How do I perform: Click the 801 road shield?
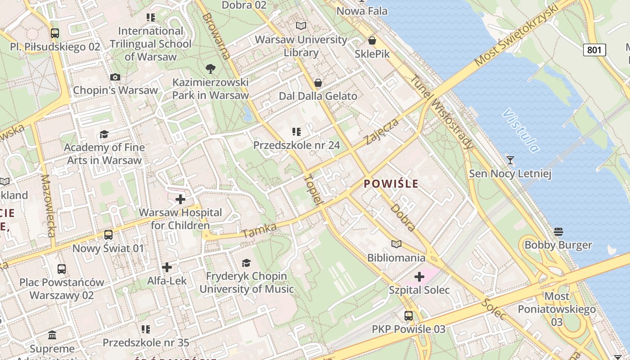(594, 50)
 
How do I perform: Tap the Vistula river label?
(522, 130)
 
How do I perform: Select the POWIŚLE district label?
(391, 184)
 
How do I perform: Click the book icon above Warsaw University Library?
(301, 26)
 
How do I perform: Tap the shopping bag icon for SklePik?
(372, 41)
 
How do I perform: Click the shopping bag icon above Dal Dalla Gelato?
(318, 83)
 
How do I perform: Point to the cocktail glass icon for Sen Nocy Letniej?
(510, 160)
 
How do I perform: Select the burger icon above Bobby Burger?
(558, 232)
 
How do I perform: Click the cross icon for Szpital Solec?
(419, 276)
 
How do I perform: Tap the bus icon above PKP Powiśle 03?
(408, 316)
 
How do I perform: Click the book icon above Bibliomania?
(396, 244)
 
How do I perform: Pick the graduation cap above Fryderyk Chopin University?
(246, 263)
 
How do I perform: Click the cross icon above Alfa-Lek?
(167, 267)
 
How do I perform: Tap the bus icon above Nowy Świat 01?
(108, 235)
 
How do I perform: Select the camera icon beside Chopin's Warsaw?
(115, 77)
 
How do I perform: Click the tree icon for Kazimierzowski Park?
(210, 69)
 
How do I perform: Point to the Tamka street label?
(259, 231)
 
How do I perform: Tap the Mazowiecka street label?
(48, 206)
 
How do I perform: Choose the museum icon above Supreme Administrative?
(52, 335)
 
